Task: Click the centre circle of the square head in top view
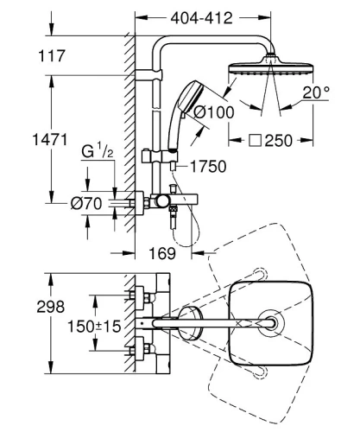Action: click(x=275, y=323)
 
